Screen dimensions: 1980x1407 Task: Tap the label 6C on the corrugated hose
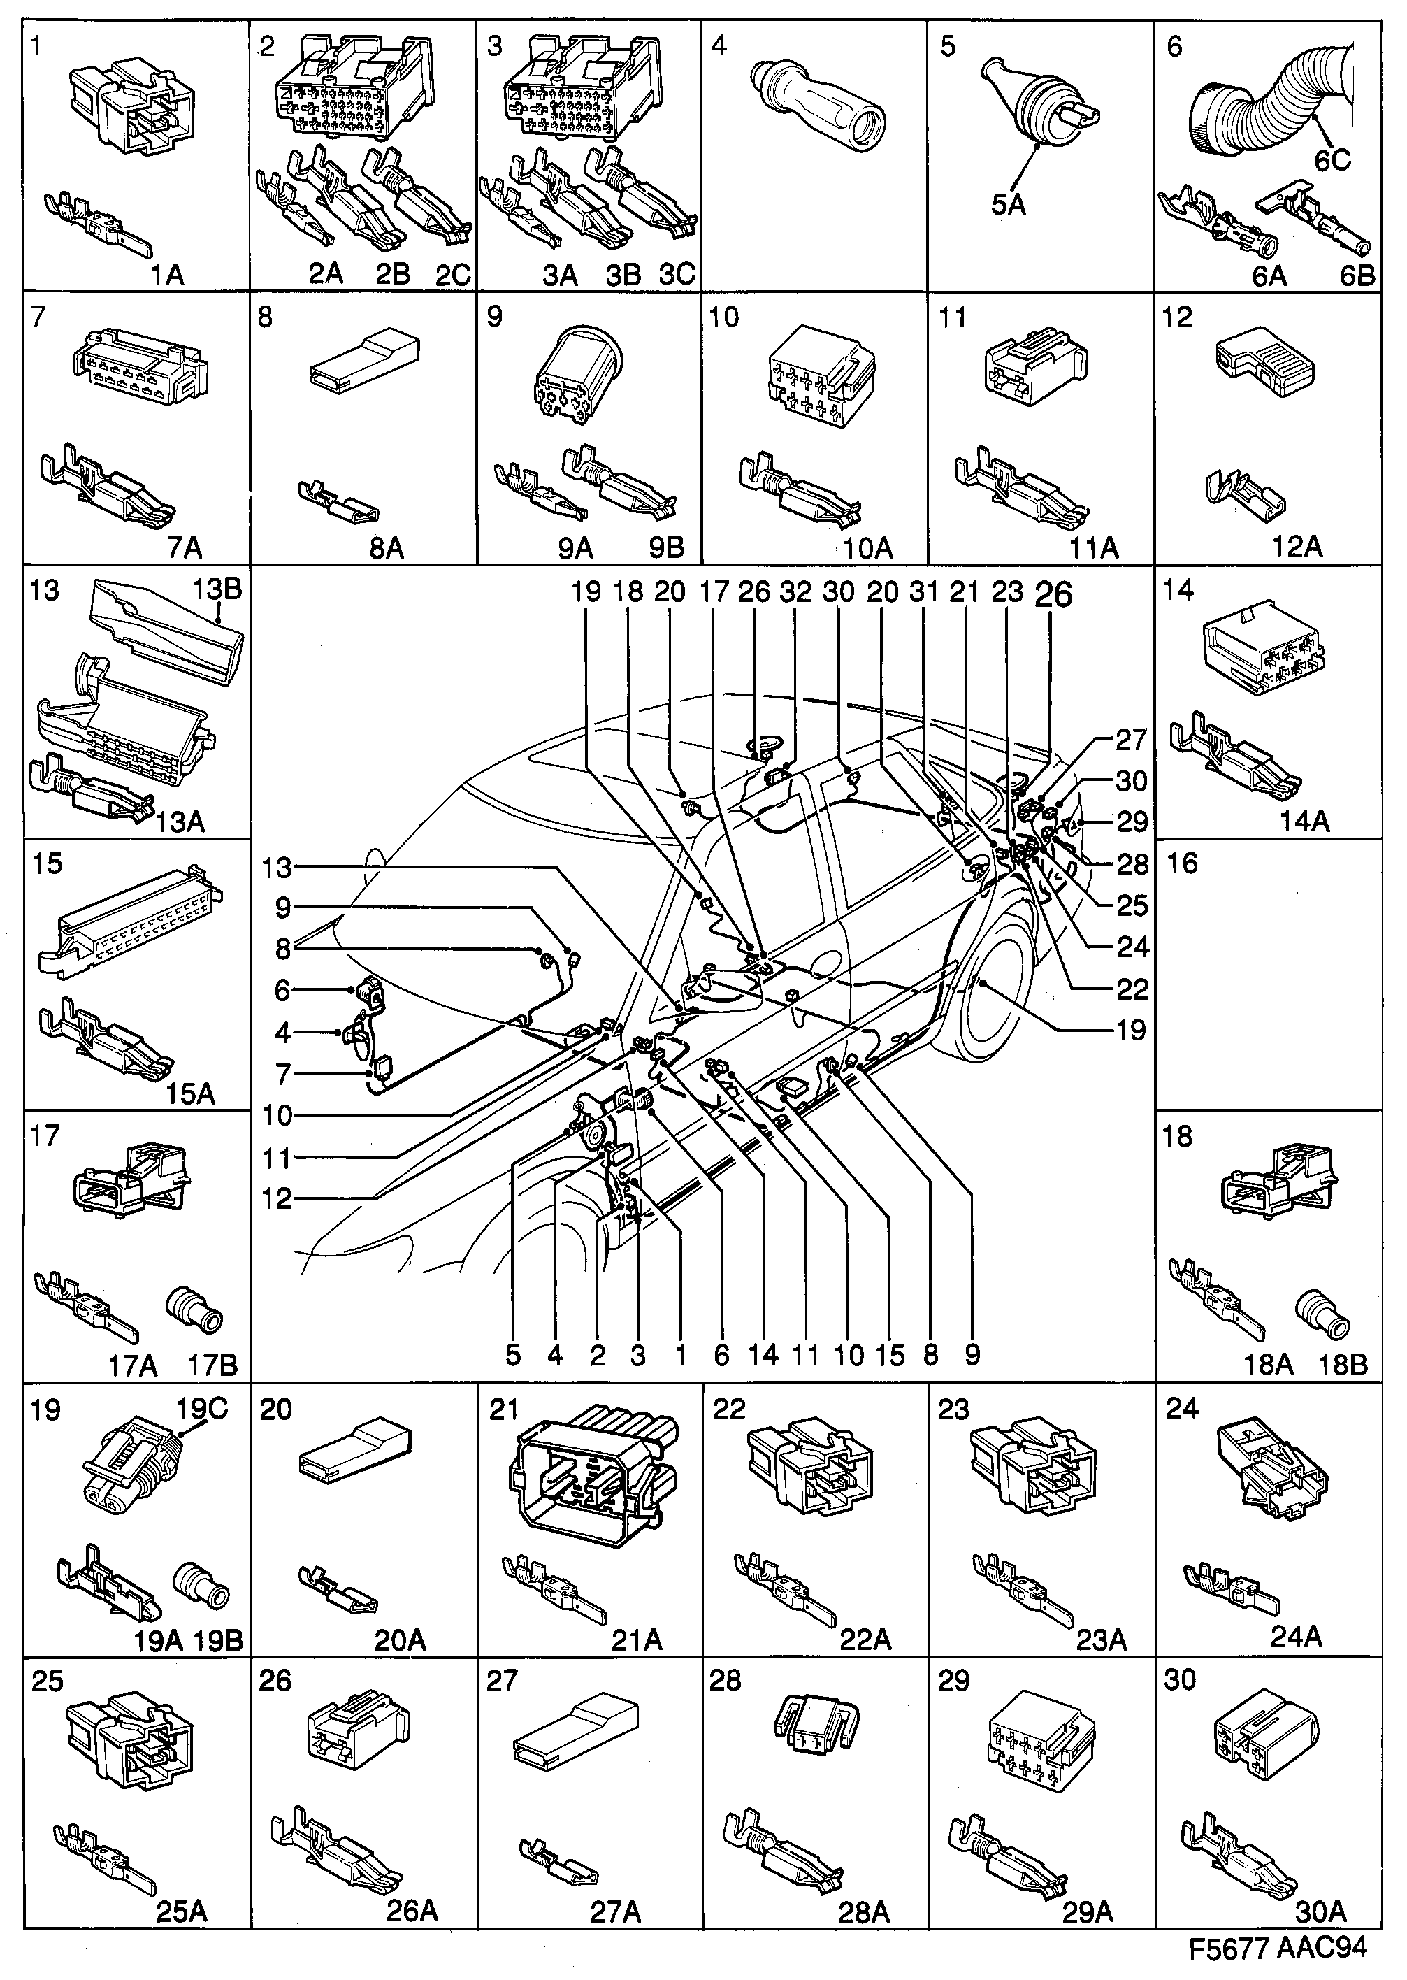1332,159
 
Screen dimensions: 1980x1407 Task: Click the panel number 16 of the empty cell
1183,863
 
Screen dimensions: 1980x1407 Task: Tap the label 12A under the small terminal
1297,547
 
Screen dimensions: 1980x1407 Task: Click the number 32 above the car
795,593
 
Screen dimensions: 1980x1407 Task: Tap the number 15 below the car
889,1355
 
